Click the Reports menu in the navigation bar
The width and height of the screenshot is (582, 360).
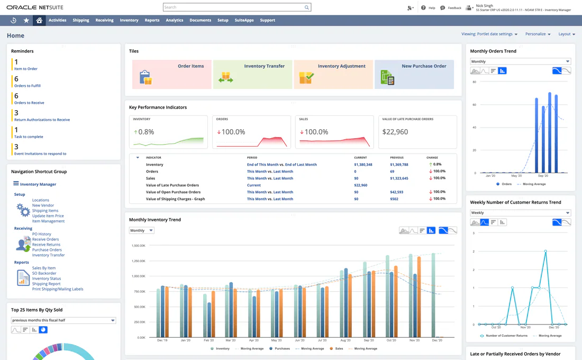152,20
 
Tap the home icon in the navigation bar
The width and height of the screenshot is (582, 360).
39,20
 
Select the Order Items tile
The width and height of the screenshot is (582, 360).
171,74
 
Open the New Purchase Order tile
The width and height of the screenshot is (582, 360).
414,74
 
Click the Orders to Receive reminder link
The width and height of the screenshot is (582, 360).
29,103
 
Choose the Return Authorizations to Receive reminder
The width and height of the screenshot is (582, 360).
42,120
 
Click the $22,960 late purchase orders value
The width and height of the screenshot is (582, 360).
395,132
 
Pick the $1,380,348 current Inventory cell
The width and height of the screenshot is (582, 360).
363,165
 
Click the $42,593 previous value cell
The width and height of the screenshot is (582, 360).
397,192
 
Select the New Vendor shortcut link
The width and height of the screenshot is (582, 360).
43,205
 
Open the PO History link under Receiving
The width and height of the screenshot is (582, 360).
41,234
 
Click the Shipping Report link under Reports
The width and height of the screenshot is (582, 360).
47,284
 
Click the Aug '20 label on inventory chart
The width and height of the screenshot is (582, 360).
345,340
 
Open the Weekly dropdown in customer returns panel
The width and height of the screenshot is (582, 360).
520,213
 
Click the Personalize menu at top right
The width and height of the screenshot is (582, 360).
538,34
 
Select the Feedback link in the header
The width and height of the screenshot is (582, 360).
454,8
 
